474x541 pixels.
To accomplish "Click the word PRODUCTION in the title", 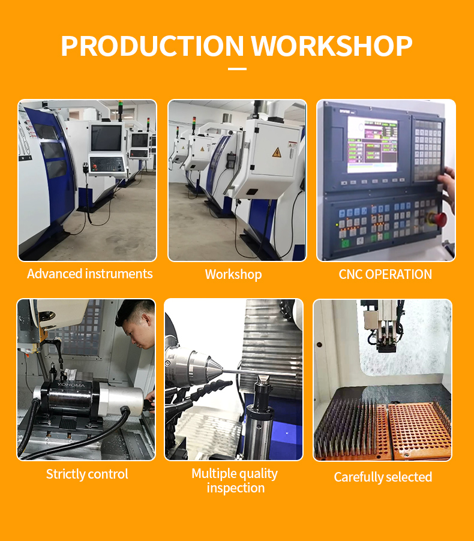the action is (152, 46).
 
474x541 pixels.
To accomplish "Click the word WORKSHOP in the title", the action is (332, 46).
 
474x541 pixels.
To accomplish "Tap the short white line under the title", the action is (237, 69).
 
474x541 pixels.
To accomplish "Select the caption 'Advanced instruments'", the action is (90, 273).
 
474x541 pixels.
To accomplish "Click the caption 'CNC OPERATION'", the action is (385, 274).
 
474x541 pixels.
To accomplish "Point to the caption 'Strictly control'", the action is (87, 474).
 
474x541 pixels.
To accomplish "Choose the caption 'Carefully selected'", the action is (383, 477).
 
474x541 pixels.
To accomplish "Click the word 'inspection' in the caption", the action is (236, 488).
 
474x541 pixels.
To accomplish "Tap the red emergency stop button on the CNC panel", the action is (437, 219).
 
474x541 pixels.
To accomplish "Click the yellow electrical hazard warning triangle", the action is (277, 152).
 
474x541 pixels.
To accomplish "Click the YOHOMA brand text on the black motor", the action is (71, 384).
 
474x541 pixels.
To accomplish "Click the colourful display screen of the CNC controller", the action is (372, 145).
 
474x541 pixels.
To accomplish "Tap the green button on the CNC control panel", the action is (345, 243).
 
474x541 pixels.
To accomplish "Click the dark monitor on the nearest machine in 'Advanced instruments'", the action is (106, 138).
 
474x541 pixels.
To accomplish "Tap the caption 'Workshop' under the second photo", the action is (233, 275).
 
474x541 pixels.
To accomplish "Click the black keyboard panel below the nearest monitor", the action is (107, 165).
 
